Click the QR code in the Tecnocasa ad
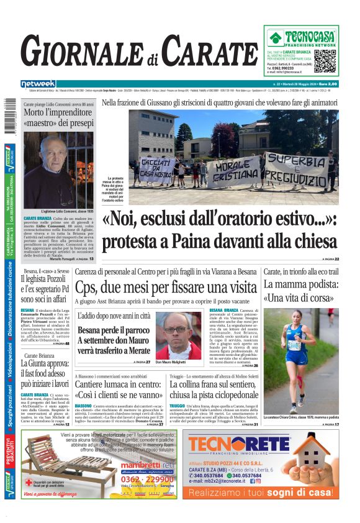pos(325,61)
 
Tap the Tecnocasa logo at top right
pos(300,37)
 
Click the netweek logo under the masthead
pos(38,84)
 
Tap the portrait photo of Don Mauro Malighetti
pos(178,335)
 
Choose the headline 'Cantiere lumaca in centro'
pos(118,389)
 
